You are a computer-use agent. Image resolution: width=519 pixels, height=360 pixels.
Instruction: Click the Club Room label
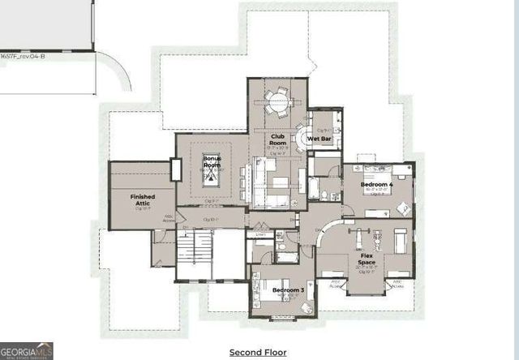277,137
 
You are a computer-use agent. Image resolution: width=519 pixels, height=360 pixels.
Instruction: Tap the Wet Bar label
319,139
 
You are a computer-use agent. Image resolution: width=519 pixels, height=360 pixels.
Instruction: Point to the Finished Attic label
142,199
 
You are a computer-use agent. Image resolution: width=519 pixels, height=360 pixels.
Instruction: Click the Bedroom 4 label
377,185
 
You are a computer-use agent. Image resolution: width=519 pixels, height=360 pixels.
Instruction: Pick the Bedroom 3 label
288,289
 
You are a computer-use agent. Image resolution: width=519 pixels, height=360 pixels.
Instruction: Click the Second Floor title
259,353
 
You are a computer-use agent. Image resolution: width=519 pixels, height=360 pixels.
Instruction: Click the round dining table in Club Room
277,103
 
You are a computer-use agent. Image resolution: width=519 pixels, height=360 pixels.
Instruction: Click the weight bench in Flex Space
362,237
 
